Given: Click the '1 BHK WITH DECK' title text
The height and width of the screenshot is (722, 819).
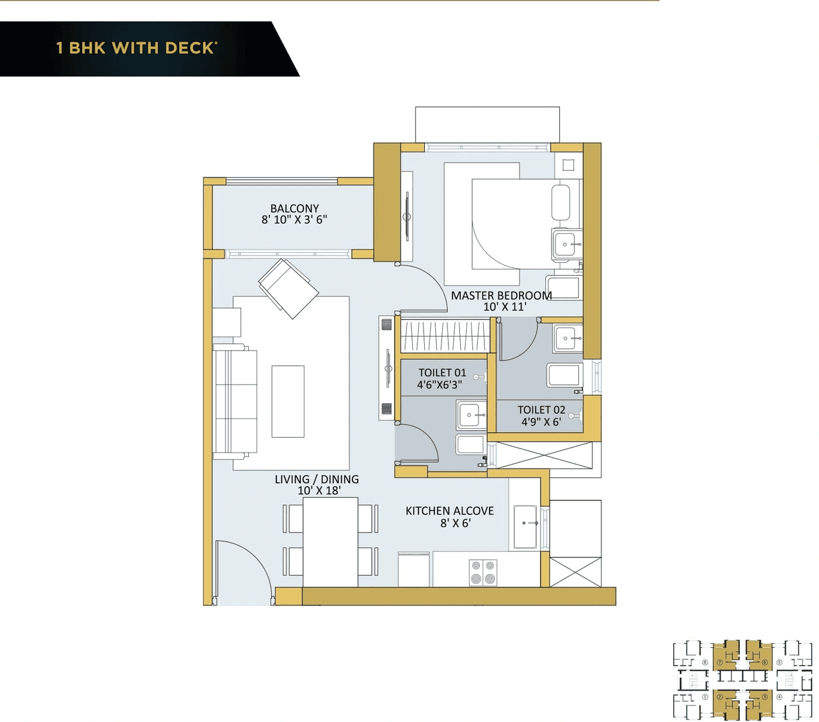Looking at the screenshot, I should pos(136,48).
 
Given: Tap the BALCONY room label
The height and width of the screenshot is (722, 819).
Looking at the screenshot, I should pos(294,209).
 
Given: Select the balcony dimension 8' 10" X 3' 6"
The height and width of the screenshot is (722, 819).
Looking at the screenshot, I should pos(294,220).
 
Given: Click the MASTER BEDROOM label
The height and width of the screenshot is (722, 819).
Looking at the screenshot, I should pos(501,296).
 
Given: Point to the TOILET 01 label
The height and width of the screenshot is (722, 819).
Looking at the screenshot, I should pos(442,373).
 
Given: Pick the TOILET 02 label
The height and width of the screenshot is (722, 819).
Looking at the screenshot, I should pos(541,410).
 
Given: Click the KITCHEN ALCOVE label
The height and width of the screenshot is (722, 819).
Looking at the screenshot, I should pos(449,511).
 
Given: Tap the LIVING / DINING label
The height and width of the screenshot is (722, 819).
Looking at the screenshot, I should pos(317,479).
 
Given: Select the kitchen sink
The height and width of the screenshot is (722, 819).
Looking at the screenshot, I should pos(525,527).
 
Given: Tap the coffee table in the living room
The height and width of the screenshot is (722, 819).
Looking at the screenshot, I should pos(288,401).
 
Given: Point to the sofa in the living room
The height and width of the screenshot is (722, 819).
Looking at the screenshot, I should pos(235,401).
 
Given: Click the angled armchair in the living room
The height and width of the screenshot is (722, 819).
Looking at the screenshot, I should pos(289,289).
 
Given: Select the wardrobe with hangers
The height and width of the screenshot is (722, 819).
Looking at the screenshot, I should pos(445,336).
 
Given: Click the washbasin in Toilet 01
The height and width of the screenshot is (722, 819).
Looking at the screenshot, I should pos(472,415).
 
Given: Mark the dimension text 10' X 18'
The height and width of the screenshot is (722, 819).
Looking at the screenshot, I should pos(319,491).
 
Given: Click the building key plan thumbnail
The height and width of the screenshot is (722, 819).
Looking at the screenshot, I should pos(742,680).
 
